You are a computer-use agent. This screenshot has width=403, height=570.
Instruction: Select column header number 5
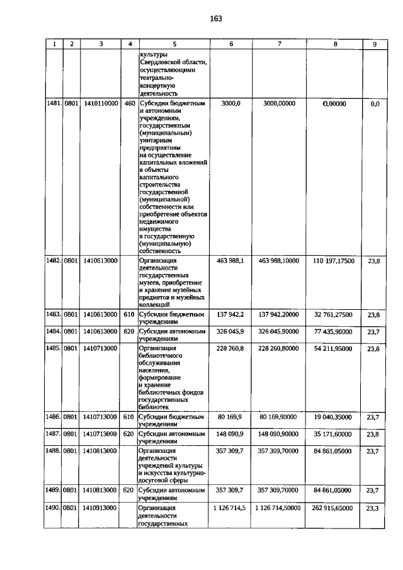174,44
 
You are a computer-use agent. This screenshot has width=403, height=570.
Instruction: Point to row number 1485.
54,348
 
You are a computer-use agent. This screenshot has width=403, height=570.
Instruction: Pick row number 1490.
54,508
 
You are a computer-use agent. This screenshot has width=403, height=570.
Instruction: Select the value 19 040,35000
334,416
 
